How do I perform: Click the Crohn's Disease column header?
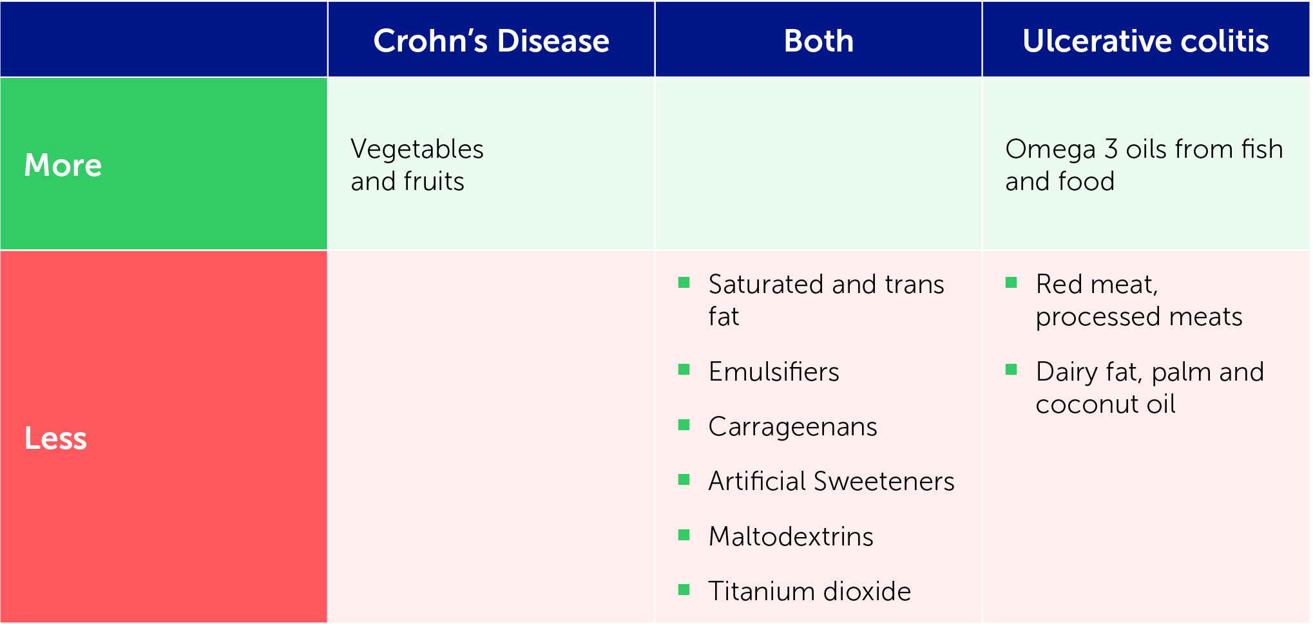[x=491, y=41]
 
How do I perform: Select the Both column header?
[x=819, y=41]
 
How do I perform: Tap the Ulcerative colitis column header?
[x=1145, y=41]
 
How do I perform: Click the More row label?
[x=63, y=165]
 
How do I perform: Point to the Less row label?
[x=55, y=438]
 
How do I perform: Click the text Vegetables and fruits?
[x=417, y=165]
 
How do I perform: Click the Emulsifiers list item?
[x=774, y=372]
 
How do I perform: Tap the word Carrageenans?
[x=792, y=427]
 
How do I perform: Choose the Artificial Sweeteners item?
[x=831, y=481]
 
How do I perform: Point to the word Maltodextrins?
[x=791, y=536]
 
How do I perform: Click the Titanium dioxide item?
[x=810, y=591]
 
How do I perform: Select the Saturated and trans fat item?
[x=826, y=300]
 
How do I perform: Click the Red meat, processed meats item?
[x=1139, y=300]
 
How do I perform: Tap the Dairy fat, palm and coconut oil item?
[x=1150, y=388]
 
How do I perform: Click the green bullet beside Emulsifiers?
[x=684, y=370]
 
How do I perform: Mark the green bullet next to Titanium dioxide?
[x=684, y=589]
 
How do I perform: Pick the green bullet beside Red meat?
[x=1011, y=282]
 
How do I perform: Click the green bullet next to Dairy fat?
[x=1011, y=370]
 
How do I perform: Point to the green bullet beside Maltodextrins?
[x=684, y=534]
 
